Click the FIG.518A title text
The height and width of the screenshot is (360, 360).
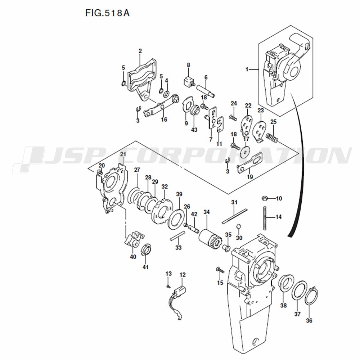coord(107,13)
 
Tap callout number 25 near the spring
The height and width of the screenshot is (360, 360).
coord(274,122)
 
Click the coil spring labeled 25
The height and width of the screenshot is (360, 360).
coord(272,138)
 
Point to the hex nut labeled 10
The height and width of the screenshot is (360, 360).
coord(265,198)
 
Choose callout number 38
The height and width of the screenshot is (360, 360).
coord(284,305)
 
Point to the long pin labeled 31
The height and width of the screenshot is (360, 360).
coord(235,216)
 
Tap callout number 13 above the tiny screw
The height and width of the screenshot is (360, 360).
coord(168,274)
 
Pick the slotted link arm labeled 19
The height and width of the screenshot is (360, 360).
coord(249,163)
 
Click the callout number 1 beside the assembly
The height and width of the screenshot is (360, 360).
coord(247,69)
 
